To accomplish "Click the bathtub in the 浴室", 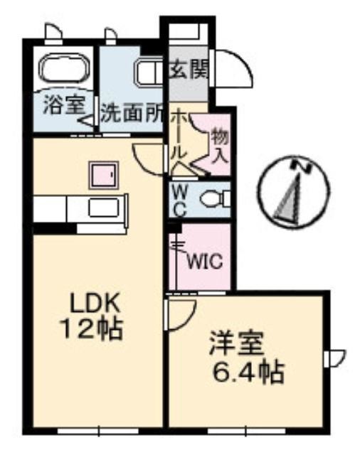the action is pyautogui.click(x=63, y=70).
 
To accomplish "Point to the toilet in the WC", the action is pyautogui.click(x=215, y=198).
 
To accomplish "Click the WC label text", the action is pyautogui.click(x=180, y=201).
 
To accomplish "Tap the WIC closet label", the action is pyautogui.click(x=205, y=262).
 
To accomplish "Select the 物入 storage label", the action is pyautogui.click(x=220, y=145).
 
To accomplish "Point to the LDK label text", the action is pyautogui.click(x=95, y=304).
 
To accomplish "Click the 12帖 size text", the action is pyautogui.click(x=91, y=329).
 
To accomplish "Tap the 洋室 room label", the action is pyautogui.click(x=236, y=344).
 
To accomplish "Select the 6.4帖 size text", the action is pyautogui.click(x=248, y=372).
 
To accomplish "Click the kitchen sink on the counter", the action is pyautogui.click(x=104, y=208).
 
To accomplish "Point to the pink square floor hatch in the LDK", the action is pyautogui.click(x=104, y=176).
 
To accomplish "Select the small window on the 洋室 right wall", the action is pyautogui.click(x=334, y=358).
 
